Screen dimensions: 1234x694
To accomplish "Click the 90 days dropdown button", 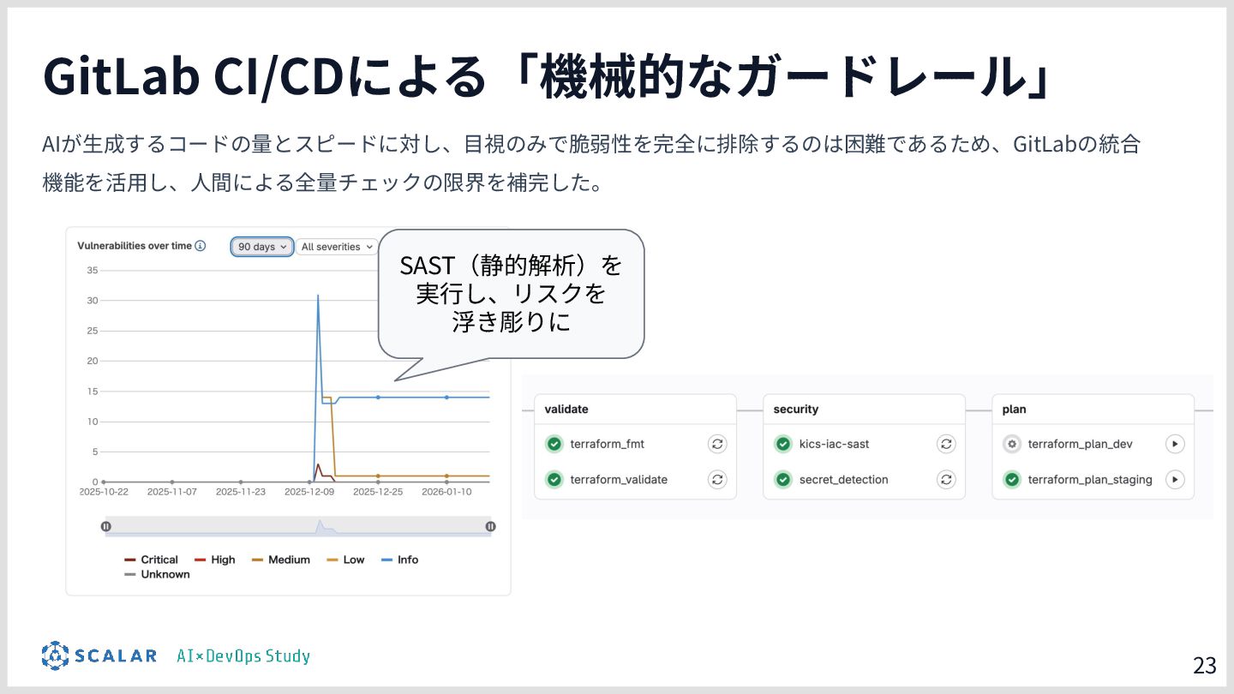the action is tap(262, 247).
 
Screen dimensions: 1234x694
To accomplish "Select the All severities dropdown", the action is tap(337, 247).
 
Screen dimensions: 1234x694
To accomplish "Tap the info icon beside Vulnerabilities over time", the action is tap(201, 246).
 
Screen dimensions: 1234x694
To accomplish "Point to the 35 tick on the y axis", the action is tap(93, 271).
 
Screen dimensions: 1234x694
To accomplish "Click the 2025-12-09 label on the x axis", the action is tap(309, 492).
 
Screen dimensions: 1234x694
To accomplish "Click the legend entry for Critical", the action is tap(152, 559).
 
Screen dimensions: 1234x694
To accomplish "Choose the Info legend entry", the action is tap(400, 559).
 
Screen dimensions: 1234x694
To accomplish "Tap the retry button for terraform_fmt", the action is tap(717, 444).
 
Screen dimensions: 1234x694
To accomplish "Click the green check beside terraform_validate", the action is tap(554, 480).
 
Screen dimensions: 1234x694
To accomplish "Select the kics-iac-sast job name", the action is tap(834, 444).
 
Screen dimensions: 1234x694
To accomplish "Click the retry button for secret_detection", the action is tap(946, 480).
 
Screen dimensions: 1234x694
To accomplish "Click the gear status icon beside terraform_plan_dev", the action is tap(1012, 444).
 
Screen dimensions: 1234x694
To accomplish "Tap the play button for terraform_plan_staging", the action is tap(1175, 480).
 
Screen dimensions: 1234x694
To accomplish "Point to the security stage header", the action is tap(796, 410).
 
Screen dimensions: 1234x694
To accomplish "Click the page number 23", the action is tap(1204, 665).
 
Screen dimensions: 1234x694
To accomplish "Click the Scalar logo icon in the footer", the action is tap(55, 656).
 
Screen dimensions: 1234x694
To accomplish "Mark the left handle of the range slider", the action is tap(106, 527).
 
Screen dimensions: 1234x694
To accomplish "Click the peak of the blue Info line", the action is tap(318, 296).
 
